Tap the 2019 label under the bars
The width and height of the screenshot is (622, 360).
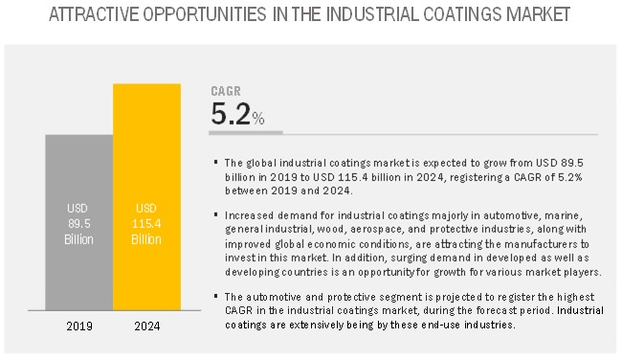pyautogui.click(x=78, y=327)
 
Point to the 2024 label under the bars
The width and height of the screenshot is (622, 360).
pyautogui.click(x=147, y=327)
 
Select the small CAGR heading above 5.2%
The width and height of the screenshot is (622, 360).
pyautogui.click(x=225, y=92)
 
